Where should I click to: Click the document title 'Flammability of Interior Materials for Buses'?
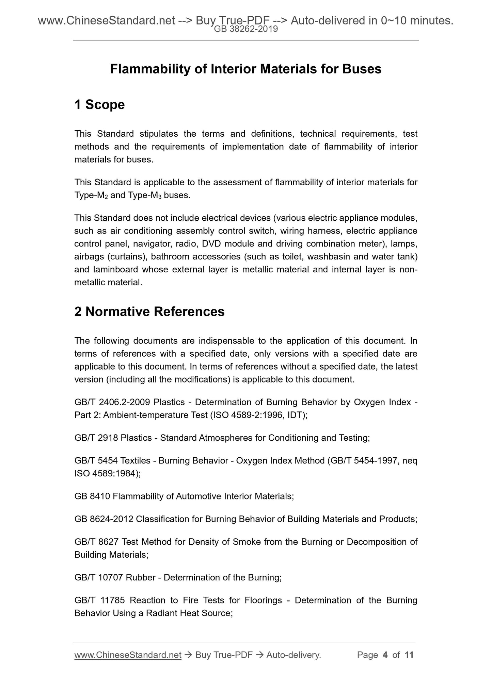point(245,69)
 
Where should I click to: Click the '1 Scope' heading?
point(99,105)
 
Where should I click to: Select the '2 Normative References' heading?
point(149,311)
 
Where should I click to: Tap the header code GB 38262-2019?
point(246,29)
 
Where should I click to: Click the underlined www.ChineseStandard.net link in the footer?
point(128,655)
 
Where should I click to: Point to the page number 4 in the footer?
point(385,655)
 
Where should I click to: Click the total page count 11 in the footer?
point(409,655)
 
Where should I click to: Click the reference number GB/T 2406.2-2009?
point(112,402)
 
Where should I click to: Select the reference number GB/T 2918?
point(96,438)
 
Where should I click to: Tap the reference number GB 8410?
point(92,496)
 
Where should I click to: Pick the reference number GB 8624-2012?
point(104,519)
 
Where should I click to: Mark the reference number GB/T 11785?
point(98,600)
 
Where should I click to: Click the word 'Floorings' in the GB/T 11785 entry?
point(263,600)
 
